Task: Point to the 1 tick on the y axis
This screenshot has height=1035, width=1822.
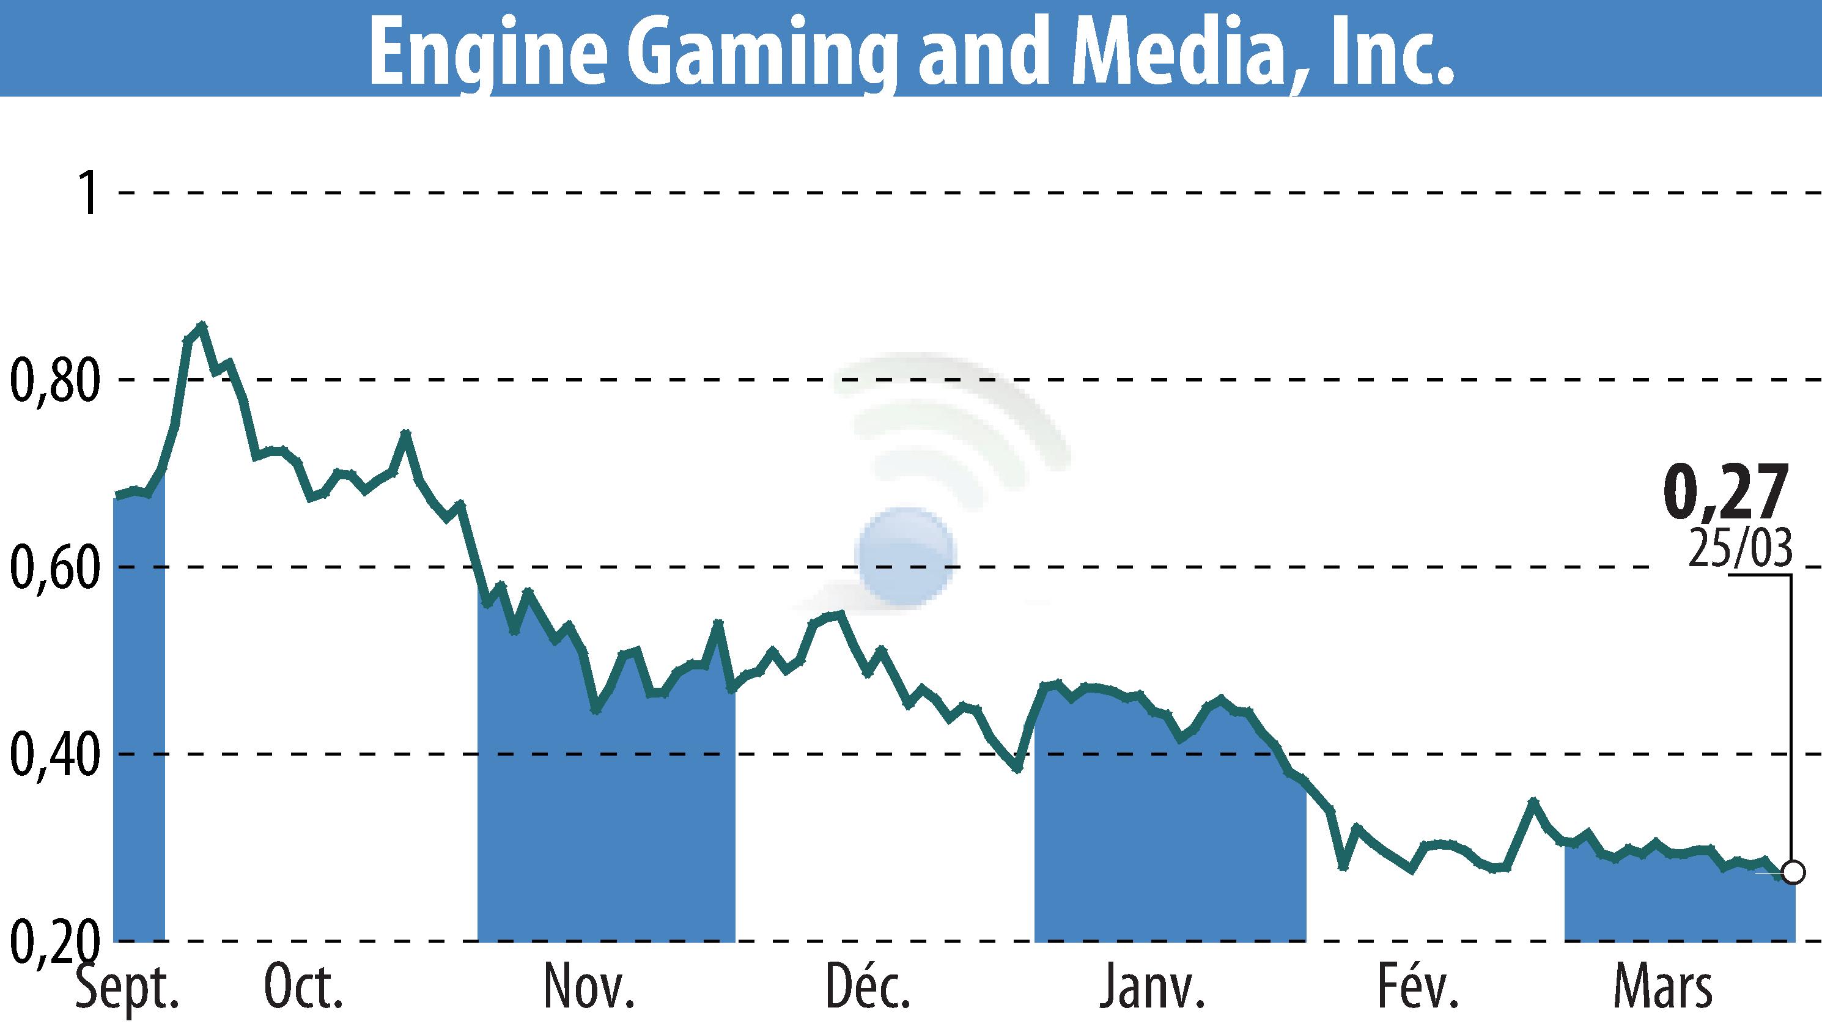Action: click(89, 193)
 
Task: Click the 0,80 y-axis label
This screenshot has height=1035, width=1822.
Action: click(53, 380)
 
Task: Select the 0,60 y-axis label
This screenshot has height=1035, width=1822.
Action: click(53, 567)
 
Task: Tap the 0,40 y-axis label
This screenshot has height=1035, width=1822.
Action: click(53, 754)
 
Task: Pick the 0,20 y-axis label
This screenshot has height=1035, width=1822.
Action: click(53, 941)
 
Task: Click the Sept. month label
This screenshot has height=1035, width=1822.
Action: click(127, 988)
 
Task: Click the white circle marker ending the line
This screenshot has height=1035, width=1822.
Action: click(1793, 872)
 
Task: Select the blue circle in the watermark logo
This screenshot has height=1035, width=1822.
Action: click(905, 556)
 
